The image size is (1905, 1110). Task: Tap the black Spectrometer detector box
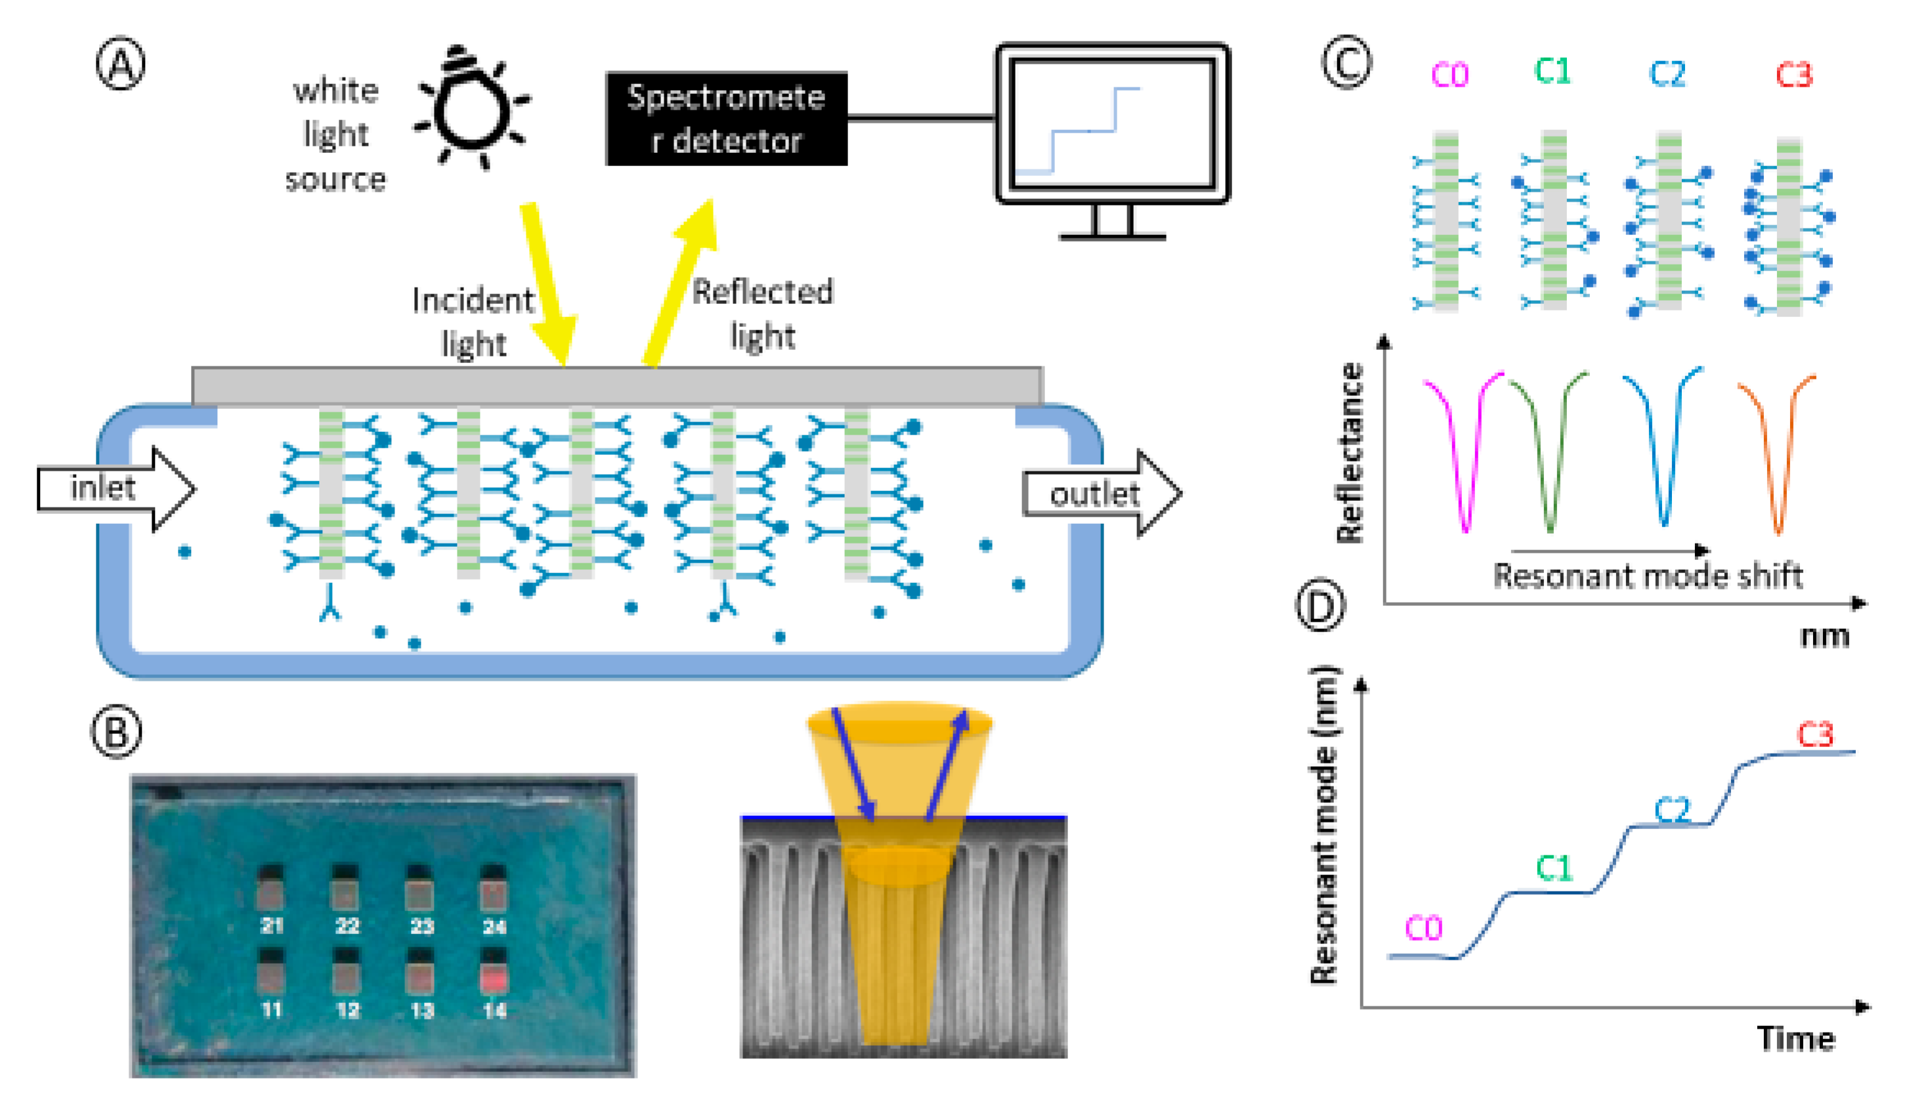point(726,119)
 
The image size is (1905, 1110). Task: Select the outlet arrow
point(1101,494)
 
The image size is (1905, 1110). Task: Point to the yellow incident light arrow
point(548,284)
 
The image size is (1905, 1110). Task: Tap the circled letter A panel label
point(120,65)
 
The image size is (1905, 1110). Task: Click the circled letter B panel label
point(116,731)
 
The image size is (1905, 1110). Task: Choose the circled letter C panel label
point(1346,63)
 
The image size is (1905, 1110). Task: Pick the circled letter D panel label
point(1321,607)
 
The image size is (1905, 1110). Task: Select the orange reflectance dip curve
point(1778,454)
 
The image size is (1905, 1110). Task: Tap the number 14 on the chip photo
point(494,1010)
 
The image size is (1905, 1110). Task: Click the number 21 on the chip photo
point(271,926)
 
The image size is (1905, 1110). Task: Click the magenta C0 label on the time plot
point(1423,928)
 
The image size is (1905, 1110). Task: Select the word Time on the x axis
point(1795,1038)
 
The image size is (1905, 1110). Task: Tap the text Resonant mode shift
point(1648,576)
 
